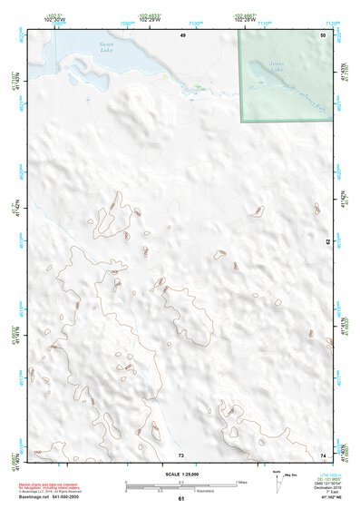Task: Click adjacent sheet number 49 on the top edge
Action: click(x=182, y=34)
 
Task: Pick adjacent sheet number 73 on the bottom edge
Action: click(x=181, y=455)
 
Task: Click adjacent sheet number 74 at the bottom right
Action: click(x=323, y=455)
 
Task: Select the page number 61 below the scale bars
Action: click(x=181, y=498)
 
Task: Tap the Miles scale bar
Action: click(x=181, y=482)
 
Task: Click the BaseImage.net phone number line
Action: click(x=49, y=498)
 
